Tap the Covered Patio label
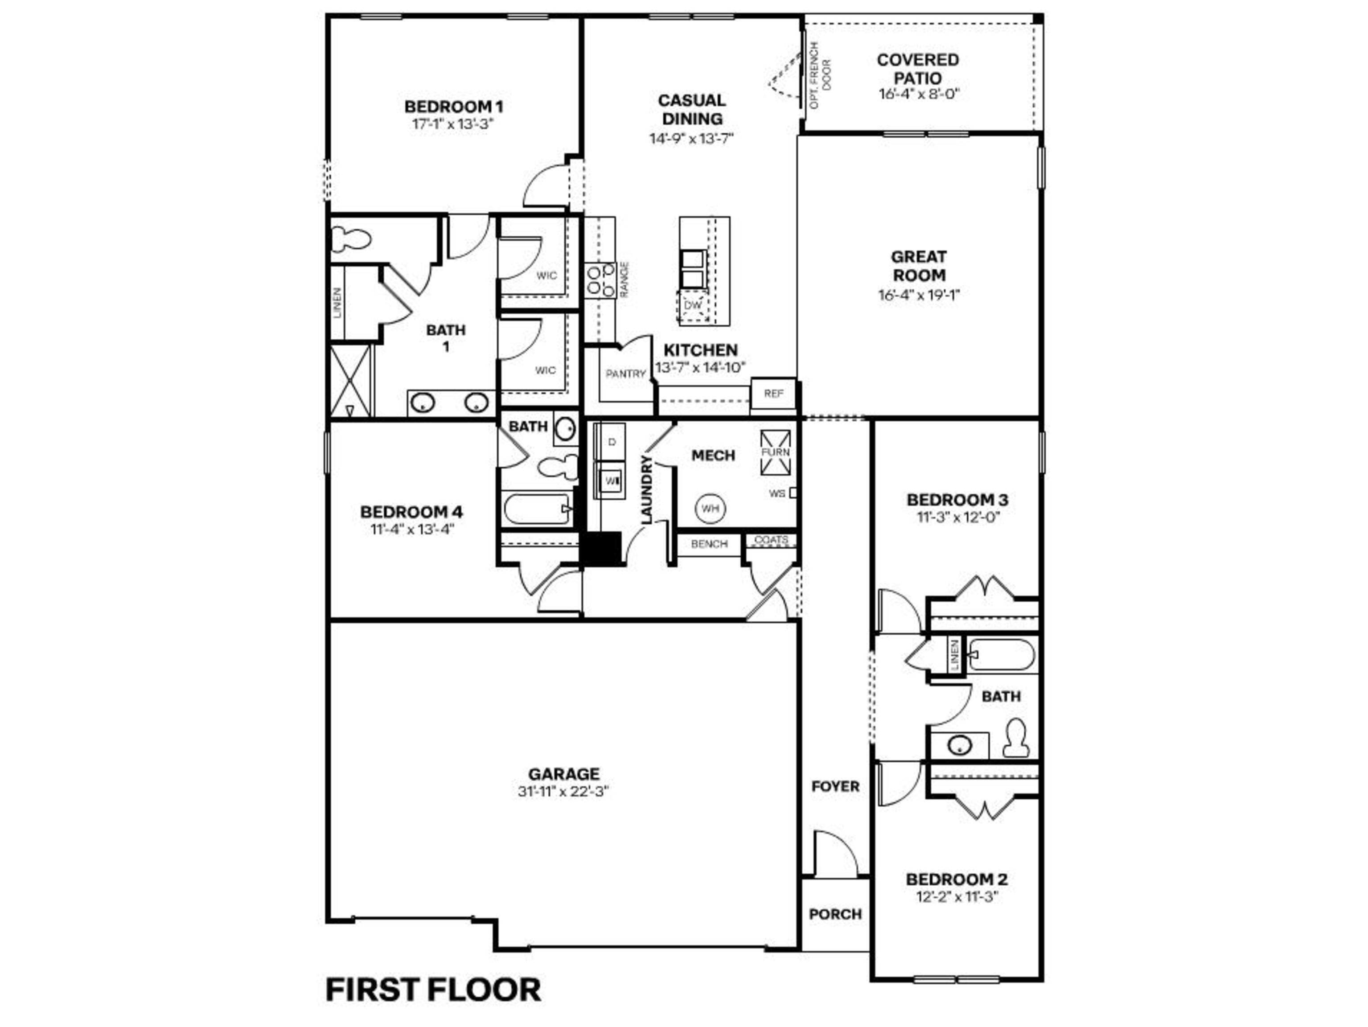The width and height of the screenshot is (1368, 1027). pyautogui.click(x=918, y=69)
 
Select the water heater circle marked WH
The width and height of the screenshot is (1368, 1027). pyautogui.click(x=711, y=508)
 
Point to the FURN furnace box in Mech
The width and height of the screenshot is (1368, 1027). pyautogui.click(x=776, y=452)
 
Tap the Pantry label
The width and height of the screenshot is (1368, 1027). pyautogui.click(x=625, y=374)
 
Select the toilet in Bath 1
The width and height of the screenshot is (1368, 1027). pyautogui.click(x=351, y=238)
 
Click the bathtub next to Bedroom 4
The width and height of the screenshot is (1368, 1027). pyautogui.click(x=537, y=509)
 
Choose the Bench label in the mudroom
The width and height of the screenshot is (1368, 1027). pyautogui.click(x=709, y=544)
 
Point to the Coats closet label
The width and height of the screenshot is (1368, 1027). pyautogui.click(x=771, y=540)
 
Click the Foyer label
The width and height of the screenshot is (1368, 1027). pyautogui.click(x=835, y=786)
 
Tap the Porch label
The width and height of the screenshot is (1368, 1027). pyautogui.click(x=835, y=914)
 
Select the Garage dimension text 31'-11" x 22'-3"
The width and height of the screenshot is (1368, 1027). pyautogui.click(x=563, y=792)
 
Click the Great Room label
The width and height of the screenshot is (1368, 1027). pyautogui.click(x=918, y=266)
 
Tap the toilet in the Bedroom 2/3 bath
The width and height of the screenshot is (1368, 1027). pyautogui.click(x=1015, y=738)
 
